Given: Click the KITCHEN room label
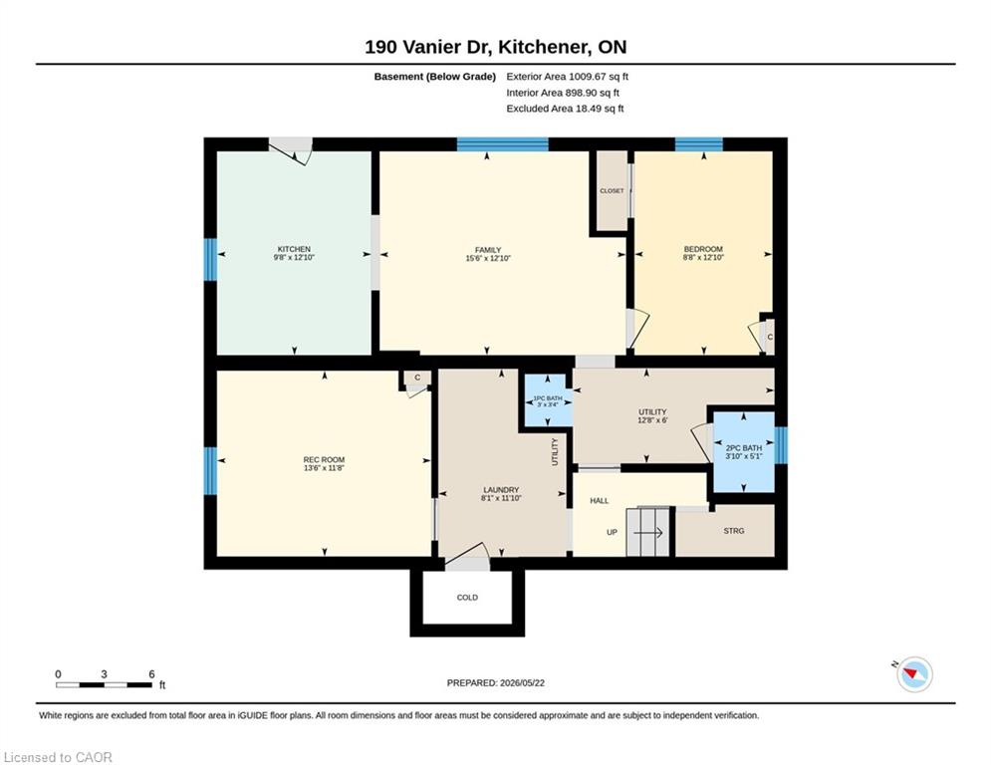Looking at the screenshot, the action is point(294,249).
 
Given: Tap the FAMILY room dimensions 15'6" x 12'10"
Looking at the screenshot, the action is point(488,258).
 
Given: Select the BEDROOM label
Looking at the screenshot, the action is point(703,249).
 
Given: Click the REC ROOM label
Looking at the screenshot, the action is point(324,459).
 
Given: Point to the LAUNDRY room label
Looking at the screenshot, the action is point(501,490).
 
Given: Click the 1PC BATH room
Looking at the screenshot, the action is point(548,401).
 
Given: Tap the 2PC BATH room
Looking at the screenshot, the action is point(744,451).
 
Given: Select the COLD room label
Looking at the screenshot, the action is point(467,598).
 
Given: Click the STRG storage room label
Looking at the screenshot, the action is point(734,531).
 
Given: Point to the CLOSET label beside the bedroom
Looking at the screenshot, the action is point(612,191).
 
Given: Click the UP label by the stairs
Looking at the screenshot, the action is point(612,532).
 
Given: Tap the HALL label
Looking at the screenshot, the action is point(600,501).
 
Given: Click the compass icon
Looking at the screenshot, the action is point(914,674).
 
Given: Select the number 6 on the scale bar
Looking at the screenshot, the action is point(151,674).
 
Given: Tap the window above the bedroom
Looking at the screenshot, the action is point(698,144).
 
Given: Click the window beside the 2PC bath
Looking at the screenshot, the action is point(781,445).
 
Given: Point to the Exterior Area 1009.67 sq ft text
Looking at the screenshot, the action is point(567,77).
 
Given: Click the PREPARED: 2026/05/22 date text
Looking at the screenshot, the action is point(496,682).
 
